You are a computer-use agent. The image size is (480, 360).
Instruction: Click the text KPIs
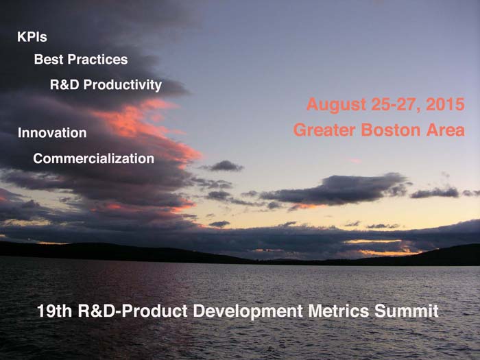[x=32, y=37]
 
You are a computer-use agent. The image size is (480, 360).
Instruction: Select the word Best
[x=49, y=60]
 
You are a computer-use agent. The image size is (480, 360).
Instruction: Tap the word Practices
[x=97, y=60]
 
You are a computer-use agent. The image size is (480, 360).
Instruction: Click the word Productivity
[x=123, y=86]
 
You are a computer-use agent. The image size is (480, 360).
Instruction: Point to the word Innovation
[x=52, y=133]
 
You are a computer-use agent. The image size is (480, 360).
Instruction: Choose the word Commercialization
[x=94, y=158]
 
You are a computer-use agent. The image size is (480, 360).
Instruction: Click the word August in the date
[x=336, y=105]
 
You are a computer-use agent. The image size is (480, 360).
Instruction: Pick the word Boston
[x=391, y=130]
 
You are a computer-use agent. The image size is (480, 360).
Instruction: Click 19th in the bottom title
[x=54, y=311]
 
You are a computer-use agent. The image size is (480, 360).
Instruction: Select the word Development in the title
[x=248, y=311]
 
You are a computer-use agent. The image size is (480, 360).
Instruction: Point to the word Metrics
[x=339, y=311]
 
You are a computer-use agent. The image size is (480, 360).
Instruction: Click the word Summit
[x=407, y=311]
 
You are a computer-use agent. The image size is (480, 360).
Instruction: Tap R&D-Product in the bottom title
[x=133, y=311]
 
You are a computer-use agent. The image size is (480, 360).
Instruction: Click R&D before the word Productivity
[x=64, y=84]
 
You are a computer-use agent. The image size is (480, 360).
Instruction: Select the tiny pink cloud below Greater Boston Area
[x=355, y=160]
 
